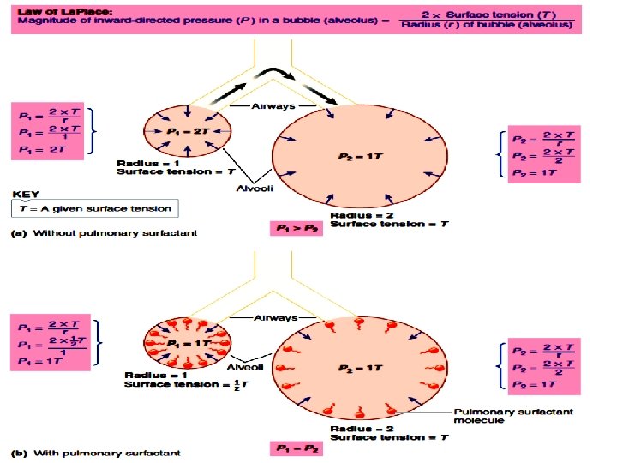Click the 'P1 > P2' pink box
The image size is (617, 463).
click(x=296, y=230)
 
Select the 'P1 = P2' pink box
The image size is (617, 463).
click(x=296, y=448)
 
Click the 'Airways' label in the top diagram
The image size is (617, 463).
click(x=272, y=106)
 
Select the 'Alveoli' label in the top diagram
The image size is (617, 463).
click(x=254, y=189)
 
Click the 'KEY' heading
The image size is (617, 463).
click(x=27, y=194)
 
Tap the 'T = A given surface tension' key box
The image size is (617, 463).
click(x=97, y=208)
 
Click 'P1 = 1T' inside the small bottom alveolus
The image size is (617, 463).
click(x=185, y=344)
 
